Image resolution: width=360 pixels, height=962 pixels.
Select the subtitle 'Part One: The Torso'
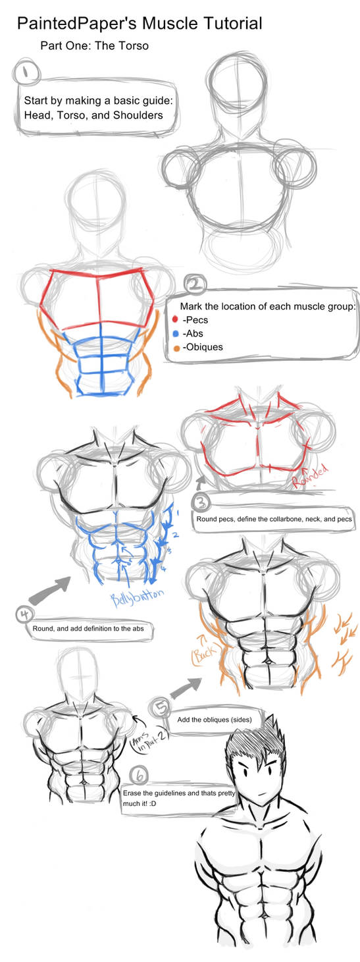(x=95, y=46)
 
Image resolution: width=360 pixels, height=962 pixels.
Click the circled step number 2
(x=195, y=285)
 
